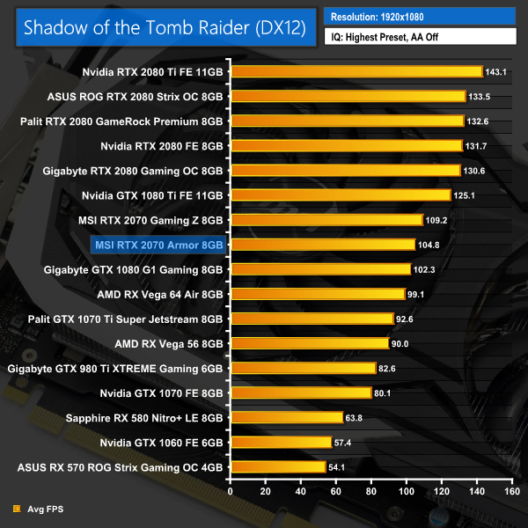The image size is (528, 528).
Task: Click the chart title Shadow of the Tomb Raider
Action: [x=165, y=27]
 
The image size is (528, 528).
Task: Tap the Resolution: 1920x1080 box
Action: [x=419, y=16]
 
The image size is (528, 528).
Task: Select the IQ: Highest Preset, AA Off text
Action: [x=419, y=36]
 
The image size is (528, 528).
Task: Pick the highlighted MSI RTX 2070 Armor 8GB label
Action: [x=158, y=244]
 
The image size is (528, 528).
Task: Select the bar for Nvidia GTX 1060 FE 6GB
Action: [x=281, y=442]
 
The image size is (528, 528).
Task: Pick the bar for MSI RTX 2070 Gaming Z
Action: [x=326, y=219]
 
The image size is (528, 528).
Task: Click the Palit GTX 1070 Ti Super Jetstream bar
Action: [x=312, y=318]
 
